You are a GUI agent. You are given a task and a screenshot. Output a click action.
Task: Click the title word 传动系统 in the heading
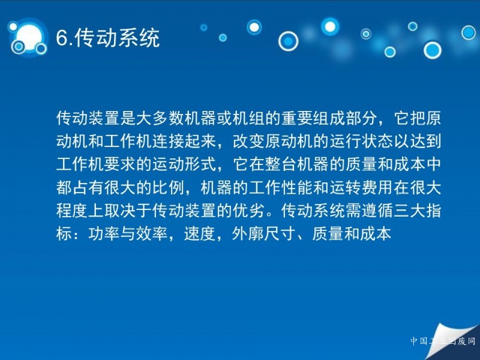coord(117,38)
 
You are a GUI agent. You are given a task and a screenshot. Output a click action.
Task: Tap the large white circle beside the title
coord(29,37)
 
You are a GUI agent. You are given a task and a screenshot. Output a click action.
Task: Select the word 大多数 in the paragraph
coord(160,118)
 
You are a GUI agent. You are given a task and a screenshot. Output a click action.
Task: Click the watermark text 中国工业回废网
coord(443,341)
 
